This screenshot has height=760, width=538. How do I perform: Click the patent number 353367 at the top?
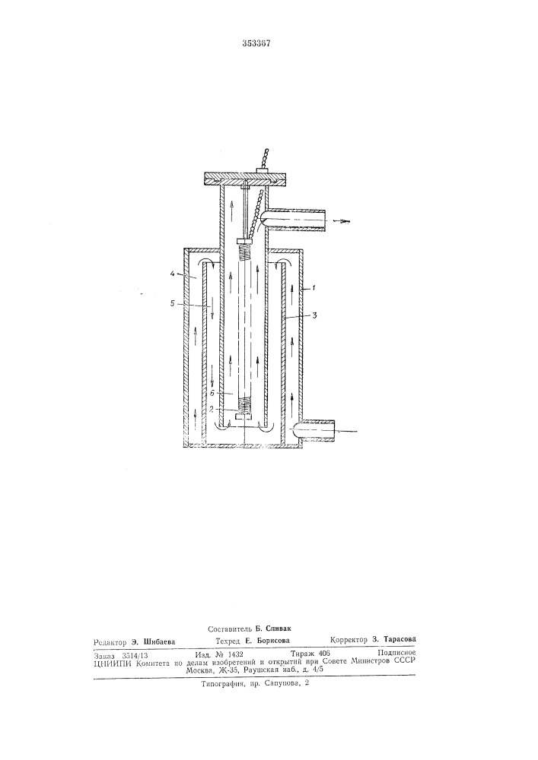click(x=256, y=43)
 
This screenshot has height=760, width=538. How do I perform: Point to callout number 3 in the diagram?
click(x=315, y=316)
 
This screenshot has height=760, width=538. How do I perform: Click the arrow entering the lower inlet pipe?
click(x=347, y=430)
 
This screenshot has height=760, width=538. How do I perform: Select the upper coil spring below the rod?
click(x=246, y=252)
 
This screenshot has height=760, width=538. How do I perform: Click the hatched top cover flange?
click(x=244, y=179)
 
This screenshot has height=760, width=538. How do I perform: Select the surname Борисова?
click(x=273, y=640)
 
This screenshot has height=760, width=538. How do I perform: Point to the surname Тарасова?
click(x=400, y=639)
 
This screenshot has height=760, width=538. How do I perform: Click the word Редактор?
click(x=110, y=641)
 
